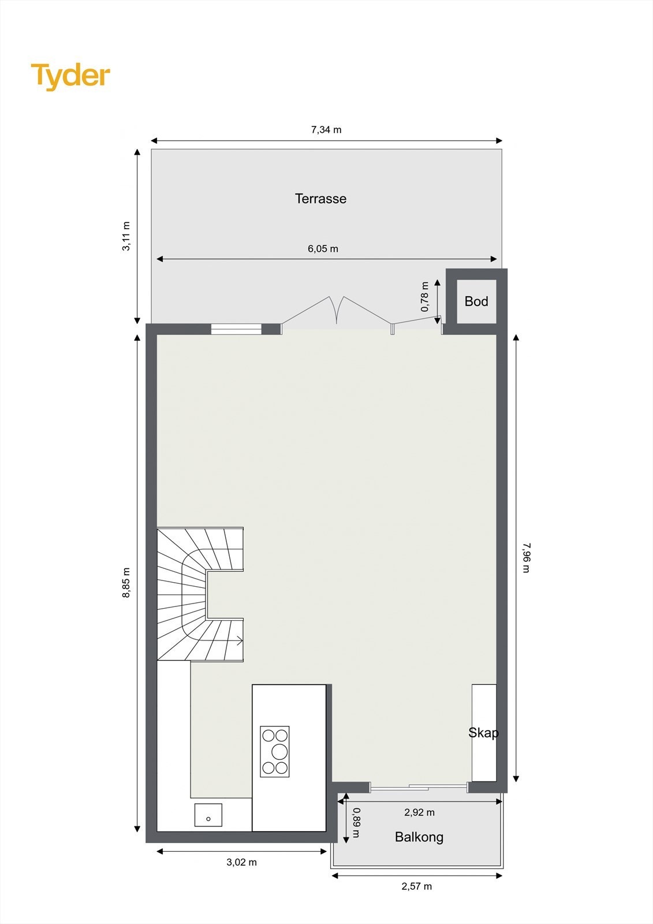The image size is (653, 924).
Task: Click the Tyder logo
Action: coord(70,76)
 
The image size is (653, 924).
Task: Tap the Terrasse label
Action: coord(320,199)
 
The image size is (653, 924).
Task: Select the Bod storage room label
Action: coord(476,301)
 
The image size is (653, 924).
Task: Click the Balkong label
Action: coord(419,837)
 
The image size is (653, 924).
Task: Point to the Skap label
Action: coord(483,732)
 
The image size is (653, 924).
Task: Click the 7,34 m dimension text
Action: coord(326,130)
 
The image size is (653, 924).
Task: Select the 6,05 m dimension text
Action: coord(323,249)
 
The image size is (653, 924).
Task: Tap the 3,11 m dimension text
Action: coord(126,236)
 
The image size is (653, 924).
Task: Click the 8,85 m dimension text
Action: coord(126,583)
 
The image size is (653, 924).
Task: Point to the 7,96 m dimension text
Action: coord(525,557)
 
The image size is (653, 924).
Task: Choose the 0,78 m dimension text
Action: coord(425,297)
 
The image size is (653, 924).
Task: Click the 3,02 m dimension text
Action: coord(241,862)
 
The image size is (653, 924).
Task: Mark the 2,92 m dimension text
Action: coord(419,812)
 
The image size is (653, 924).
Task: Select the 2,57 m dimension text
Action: coord(416,886)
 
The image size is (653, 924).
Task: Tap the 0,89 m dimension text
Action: coord(356,823)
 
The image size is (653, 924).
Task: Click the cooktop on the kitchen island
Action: coord(275,751)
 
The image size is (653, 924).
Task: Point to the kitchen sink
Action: coord(208,815)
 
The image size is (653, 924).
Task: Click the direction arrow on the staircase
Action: coord(238,640)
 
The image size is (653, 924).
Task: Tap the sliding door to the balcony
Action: coord(419,787)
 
